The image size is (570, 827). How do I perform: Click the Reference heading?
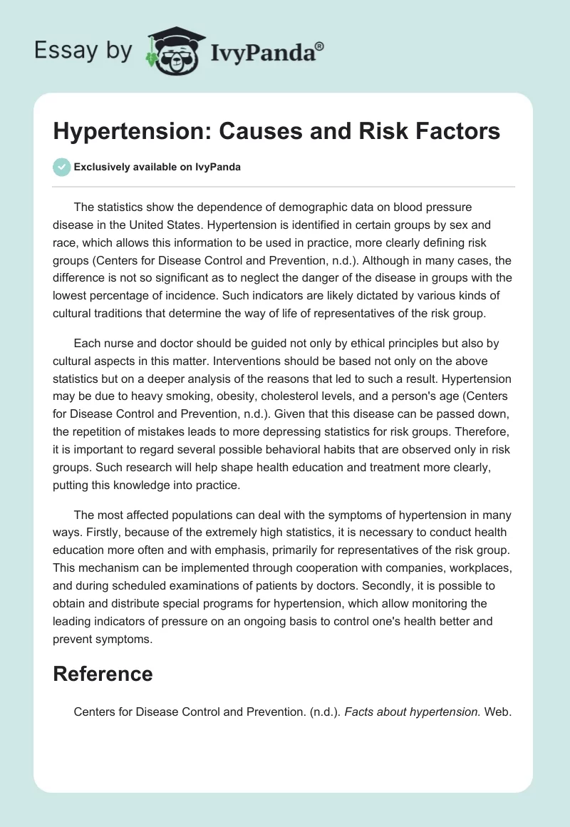pyautogui.click(x=103, y=674)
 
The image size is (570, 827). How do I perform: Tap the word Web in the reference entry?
pyautogui.click(x=498, y=711)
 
